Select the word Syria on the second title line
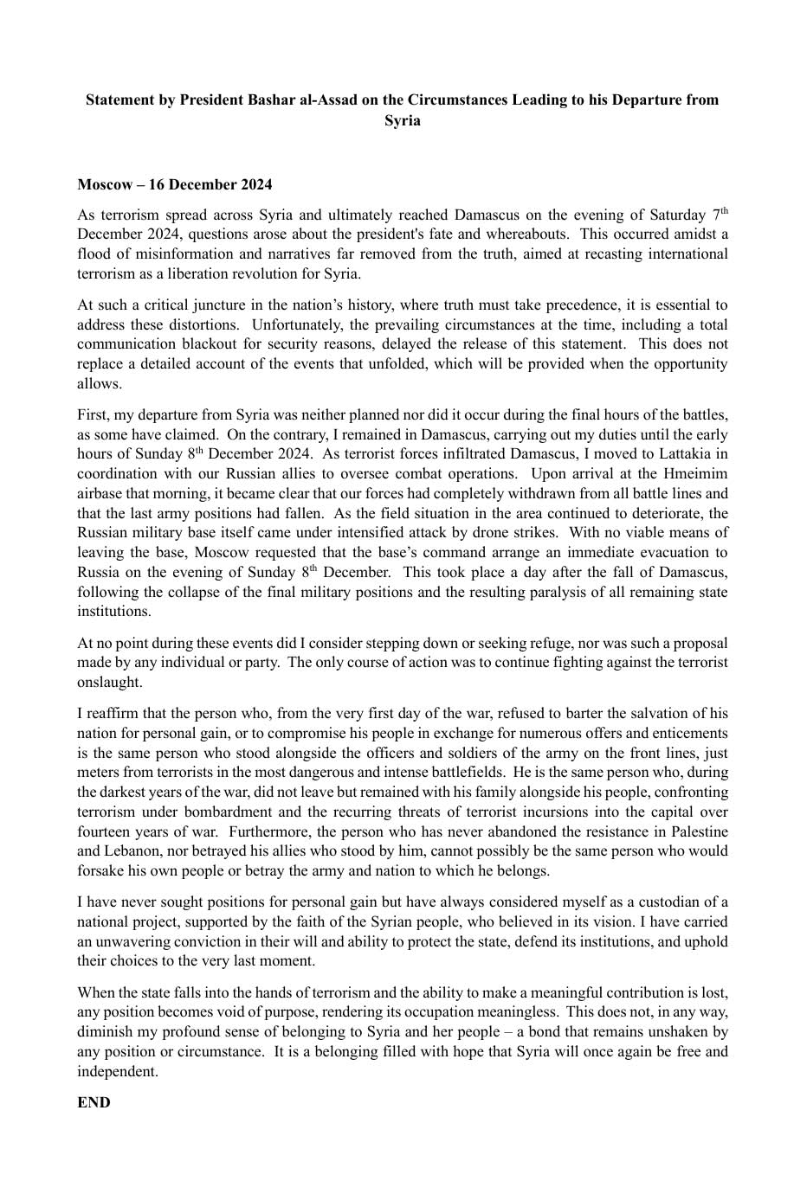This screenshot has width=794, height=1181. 403,120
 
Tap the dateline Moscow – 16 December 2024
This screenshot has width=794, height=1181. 175,184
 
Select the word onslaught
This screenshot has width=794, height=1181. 108,682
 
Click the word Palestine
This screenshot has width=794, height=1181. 699,831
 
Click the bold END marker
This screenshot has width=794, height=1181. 94,1102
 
